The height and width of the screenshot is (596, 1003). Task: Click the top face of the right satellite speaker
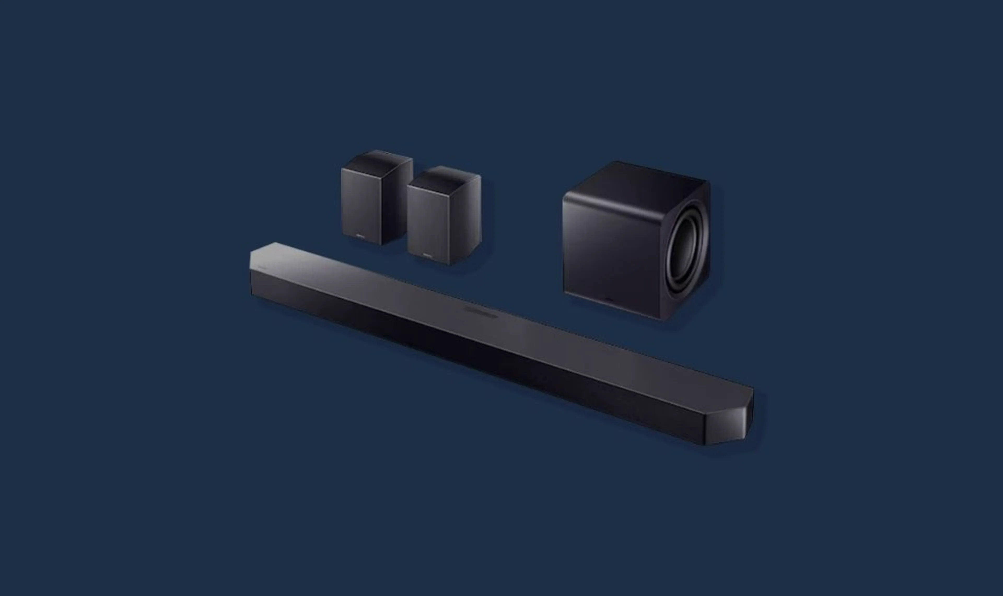tap(444, 177)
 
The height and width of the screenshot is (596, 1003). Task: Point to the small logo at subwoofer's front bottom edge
tap(609, 299)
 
